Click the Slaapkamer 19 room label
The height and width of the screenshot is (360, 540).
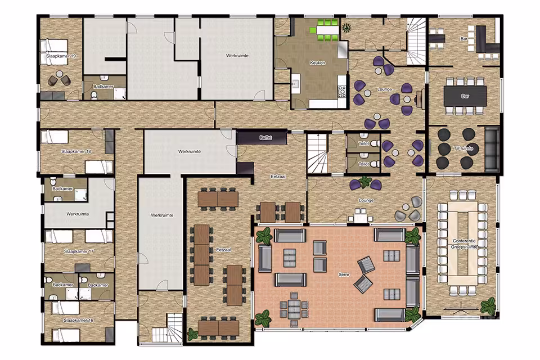(x=61, y=56)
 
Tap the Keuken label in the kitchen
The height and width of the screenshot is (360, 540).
(x=317, y=63)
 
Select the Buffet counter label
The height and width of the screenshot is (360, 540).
(x=265, y=137)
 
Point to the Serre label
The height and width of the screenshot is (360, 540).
(x=344, y=274)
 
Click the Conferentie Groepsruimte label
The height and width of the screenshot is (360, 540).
(x=464, y=244)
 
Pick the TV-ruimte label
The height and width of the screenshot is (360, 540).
(x=463, y=148)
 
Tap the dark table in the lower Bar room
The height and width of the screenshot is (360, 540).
(x=465, y=96)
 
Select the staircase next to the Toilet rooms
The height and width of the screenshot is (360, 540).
(x=317, y=154)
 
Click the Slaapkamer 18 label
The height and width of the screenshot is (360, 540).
(x=76, y=151)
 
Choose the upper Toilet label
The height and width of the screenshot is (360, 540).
(x=364, y=143)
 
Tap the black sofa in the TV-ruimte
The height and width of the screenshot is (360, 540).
(x=492, y=149)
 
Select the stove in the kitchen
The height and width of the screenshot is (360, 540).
(x=342, y=92)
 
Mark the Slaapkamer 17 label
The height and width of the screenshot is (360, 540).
(x=79, y=251)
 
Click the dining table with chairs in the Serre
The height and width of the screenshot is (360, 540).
(x=294, y=309)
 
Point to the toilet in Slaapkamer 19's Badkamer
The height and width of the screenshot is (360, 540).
(x=94, y=94)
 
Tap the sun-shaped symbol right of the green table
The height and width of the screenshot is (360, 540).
(x=346, y=27)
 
